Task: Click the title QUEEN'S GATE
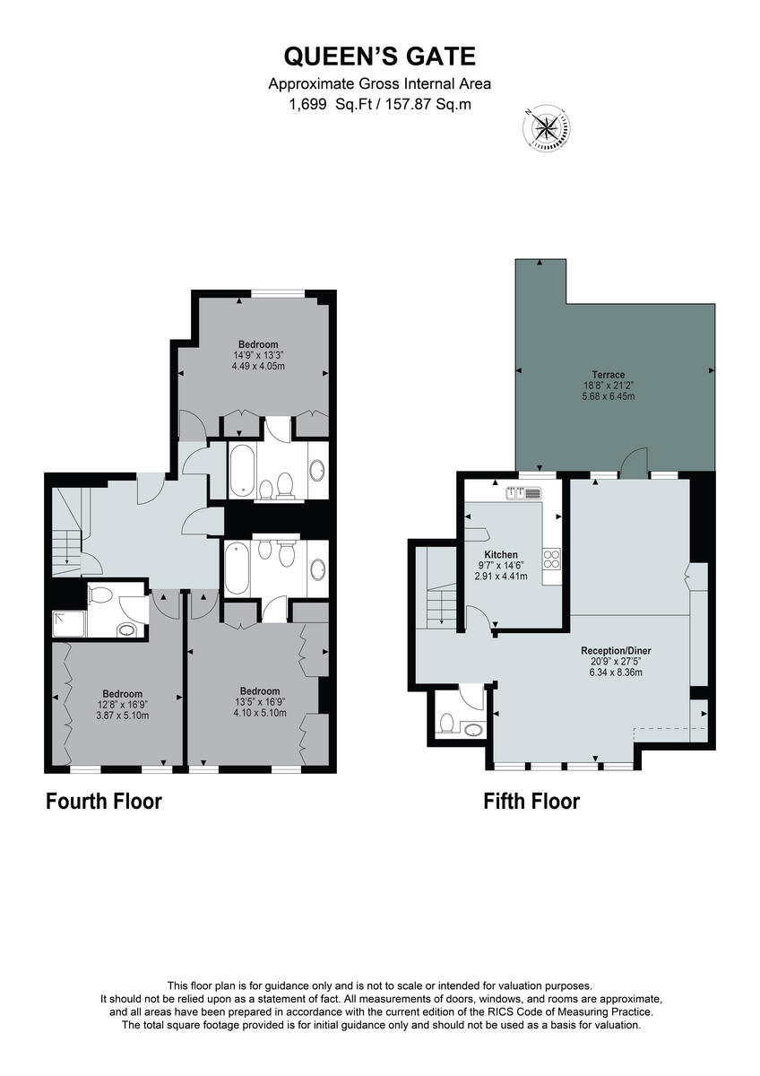[380, 57]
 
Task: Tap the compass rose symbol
[545, 126]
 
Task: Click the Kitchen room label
[502, 555]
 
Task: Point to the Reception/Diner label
[615, 650]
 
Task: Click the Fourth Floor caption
[104, 801]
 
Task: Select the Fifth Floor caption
[531, 801]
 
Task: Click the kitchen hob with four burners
[551, 560]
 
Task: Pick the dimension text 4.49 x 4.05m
[257, 366]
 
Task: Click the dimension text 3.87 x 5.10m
[122, 716]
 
